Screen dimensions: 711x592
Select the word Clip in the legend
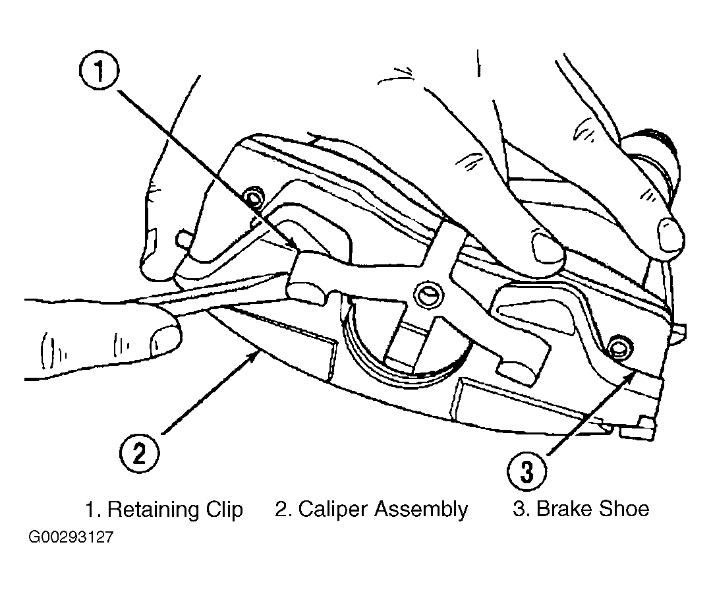pyautogui.click(x=225, y=509)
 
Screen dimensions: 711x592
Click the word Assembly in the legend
pyautogui.click(x=421, y=509)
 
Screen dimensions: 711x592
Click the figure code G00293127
pyautogui.click(x=71, y=537)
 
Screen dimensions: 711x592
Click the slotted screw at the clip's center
pyautogui.click(x=428, y=296)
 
